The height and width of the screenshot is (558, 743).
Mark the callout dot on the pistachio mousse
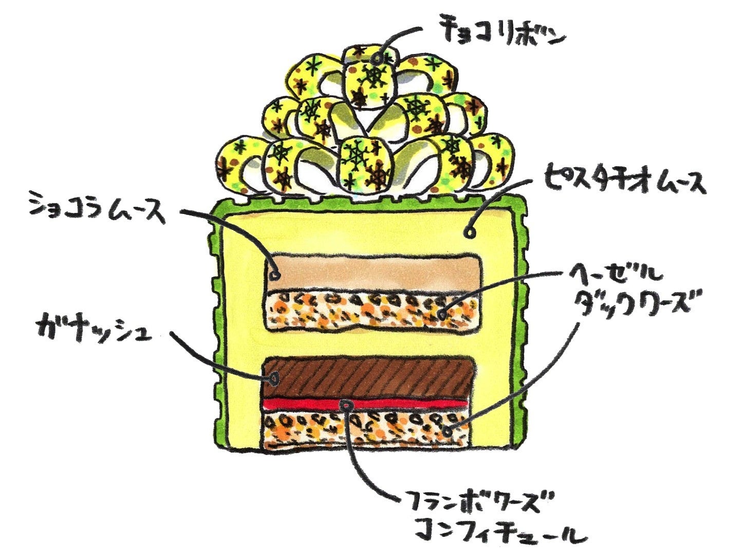(x=469, y=233)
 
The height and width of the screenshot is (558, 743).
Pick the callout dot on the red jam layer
(x=348, y=405)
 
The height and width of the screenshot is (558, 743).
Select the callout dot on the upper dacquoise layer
(x=442, y=313)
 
